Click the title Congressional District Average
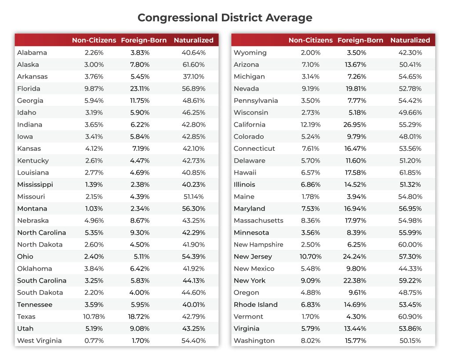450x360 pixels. coord(225,18)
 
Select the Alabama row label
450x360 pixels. coord(32,52)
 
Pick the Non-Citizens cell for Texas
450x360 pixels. coord(93,316)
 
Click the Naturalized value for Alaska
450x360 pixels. coord(193,64)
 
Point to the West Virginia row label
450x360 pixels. coord(39,341)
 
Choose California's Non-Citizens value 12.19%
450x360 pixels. coord(310,124)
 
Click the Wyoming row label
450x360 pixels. coord(250,52)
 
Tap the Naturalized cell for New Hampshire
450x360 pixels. coord(410,244)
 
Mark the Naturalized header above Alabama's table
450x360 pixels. coord(193,40)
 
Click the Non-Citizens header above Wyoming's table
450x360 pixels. coord(310,40)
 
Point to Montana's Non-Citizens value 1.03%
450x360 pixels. coord(93,208)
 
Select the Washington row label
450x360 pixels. coord(254,341)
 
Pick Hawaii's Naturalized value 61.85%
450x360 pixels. coord(410,172)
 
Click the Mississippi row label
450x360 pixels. coord(35,184)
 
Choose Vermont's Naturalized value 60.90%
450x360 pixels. coord(410,316)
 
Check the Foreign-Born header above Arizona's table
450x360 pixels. coord(360,40)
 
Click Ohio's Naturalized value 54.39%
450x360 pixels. coord(193,256)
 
